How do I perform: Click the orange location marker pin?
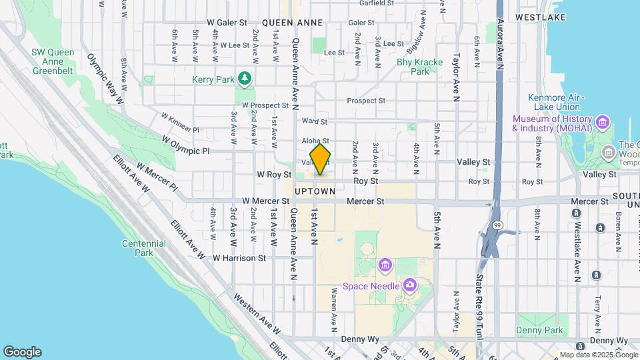click(321, 159)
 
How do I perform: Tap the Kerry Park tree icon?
click(246, 79)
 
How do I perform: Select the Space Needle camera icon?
click(409, 286)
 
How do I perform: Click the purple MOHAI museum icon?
click(603, 122)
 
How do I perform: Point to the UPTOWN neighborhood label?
click(315, 191)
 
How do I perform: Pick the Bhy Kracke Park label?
click(420, 67)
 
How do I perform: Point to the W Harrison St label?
click(239, 257)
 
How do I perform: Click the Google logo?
click(22, 352)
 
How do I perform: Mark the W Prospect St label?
click(265, 105)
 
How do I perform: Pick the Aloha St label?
click(315, 141)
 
